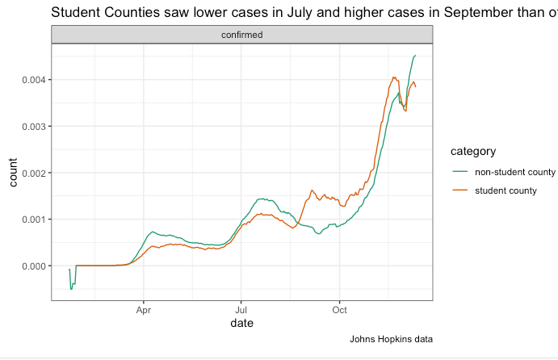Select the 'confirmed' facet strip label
pyautogui.click(x=242, y=35)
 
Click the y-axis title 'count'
pyautogui.click(x=13, y=173)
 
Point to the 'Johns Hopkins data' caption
pyautogui.click(x=391, y=339)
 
